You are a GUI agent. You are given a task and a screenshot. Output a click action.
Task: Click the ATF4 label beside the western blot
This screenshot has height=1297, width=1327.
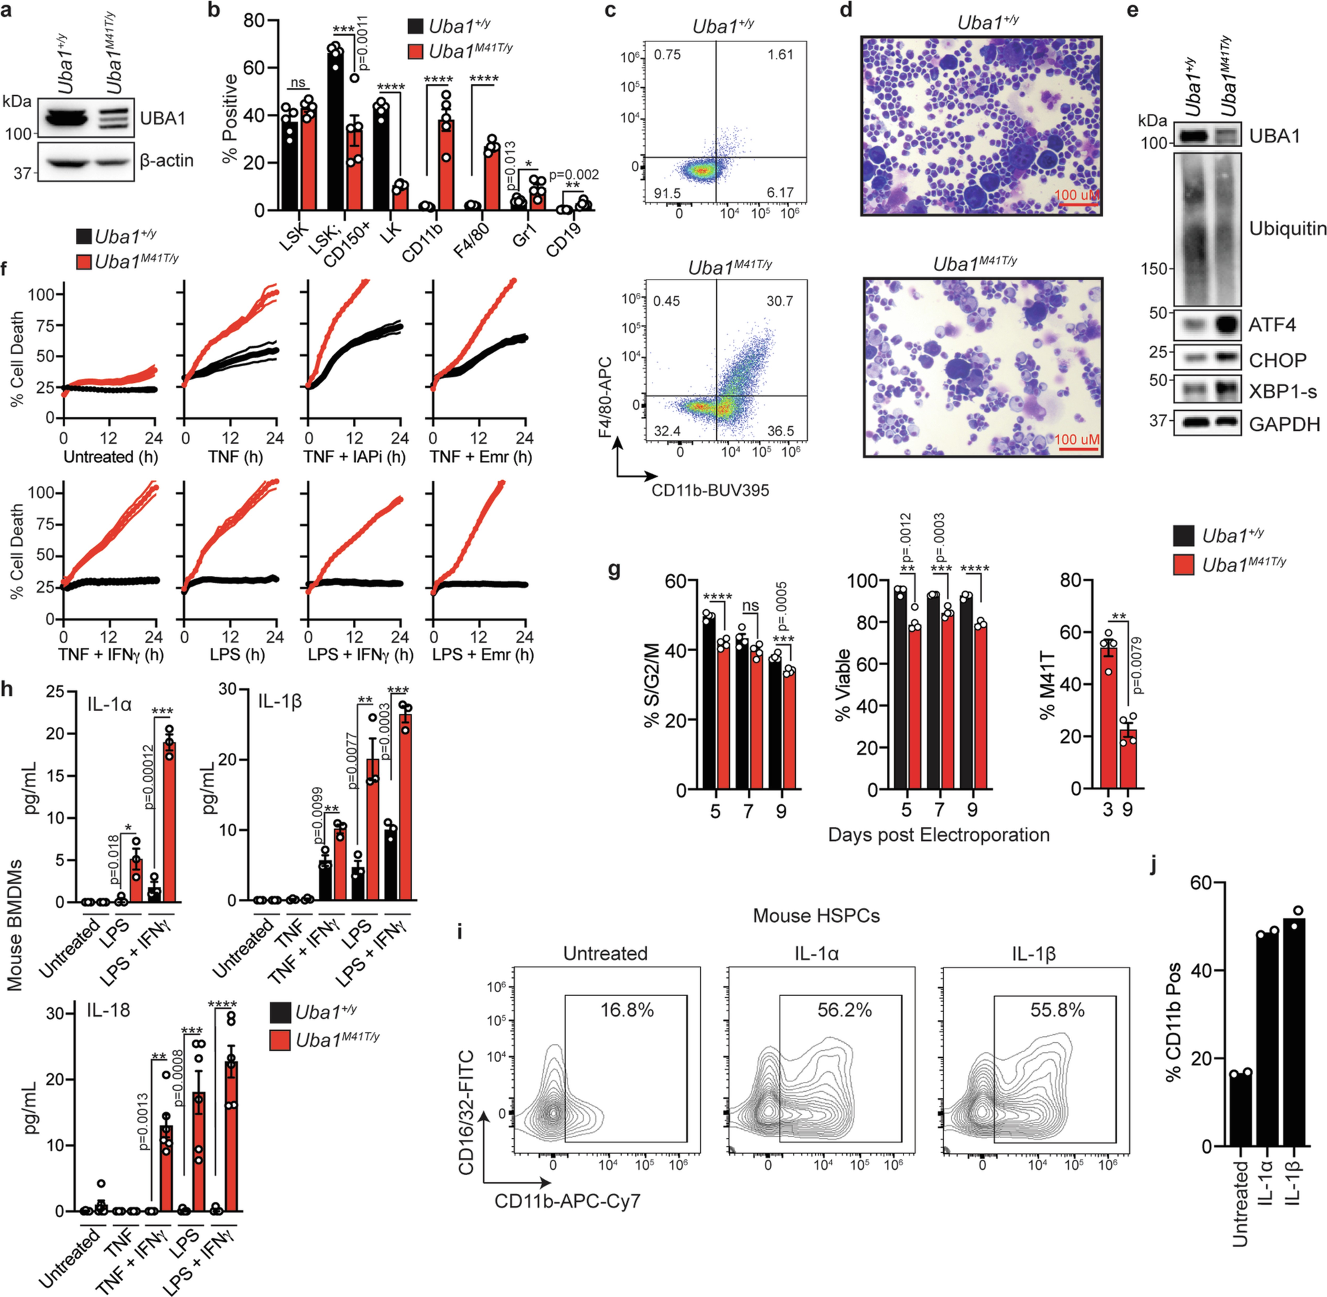1272,325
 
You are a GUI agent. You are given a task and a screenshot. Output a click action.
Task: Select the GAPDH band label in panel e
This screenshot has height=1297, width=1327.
1284,424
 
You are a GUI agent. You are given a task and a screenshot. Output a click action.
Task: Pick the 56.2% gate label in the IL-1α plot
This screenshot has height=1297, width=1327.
844,1010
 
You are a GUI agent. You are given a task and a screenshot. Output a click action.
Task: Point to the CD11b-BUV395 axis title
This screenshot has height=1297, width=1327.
710,490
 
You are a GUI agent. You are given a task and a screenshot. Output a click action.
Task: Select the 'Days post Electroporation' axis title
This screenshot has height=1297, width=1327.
938,834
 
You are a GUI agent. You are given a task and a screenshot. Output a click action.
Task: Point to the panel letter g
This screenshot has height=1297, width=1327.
614,570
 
